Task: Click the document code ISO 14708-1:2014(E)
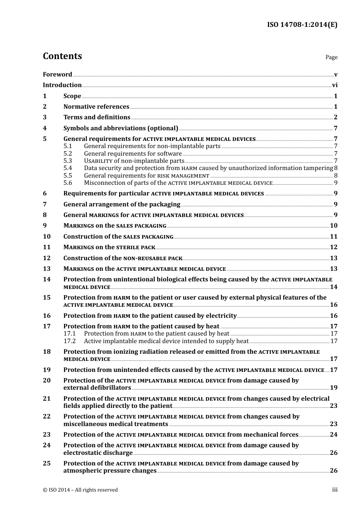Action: point(302,25)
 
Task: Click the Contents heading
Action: point(62,56)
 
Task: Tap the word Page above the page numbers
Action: point(331,57)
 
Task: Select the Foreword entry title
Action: point(57,74)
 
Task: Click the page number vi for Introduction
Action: point(335,85)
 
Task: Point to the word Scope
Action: point(72,96)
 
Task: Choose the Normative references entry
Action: point(96,107)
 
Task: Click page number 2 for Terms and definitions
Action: point(335,117)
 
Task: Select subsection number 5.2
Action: point(67,153)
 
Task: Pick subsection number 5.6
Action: point(67,183)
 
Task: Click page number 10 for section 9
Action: point(333,226)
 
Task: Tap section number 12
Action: point(47,258)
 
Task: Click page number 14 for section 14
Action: point(333,287)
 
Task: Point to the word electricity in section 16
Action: point(221,316)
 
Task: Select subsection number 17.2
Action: point(69,341)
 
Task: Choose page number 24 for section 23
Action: point(333,435)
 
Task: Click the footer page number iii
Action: point(335,490)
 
